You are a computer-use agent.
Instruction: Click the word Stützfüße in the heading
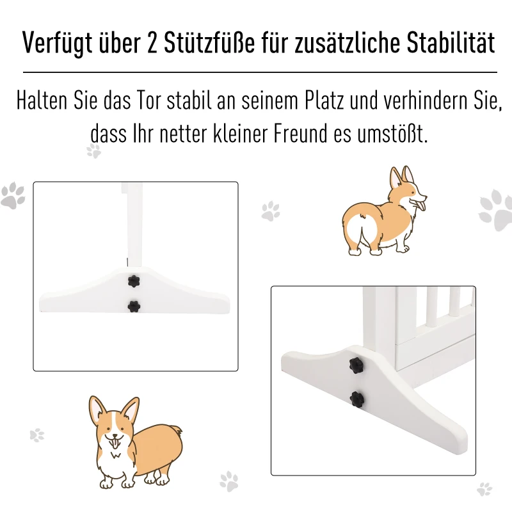tap(209, 42)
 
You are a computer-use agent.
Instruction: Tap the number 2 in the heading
tap(152, 43)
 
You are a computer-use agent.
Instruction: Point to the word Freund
tap(300, 133)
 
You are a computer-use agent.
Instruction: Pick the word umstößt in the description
tap(392, 133)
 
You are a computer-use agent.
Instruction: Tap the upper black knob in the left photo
tap(134, 281)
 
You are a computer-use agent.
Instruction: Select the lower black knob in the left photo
tap(134, 307)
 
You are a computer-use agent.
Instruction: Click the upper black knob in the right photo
tap(356, 365)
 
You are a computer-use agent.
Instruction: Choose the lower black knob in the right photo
tap(357, 399)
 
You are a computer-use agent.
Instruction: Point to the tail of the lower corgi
tap(177, 429)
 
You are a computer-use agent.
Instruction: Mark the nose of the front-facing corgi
tap(115, 435)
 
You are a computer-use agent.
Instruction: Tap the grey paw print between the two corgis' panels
tap(271, 211)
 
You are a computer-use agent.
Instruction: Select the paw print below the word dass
tap(93, 151)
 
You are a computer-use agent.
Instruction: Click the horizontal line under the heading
tap(260, 72)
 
